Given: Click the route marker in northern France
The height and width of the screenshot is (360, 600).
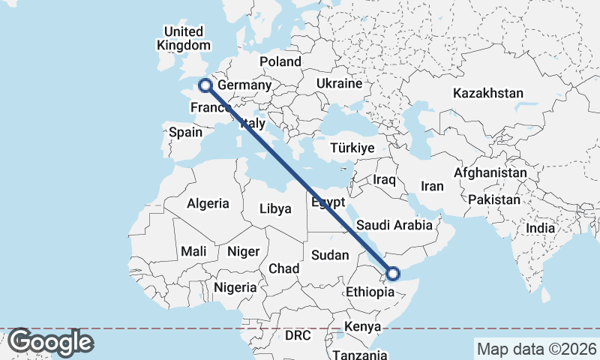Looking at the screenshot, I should (204, 85).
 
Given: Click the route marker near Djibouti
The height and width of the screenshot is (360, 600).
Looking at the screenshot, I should (392, 274).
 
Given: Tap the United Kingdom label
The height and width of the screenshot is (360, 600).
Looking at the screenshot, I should (183, 38).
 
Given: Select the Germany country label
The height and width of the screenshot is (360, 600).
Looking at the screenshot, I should (244, 85).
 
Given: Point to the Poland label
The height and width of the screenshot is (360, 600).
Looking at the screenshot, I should (280, 61).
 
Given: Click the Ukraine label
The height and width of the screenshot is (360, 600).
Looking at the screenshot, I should (340, 83).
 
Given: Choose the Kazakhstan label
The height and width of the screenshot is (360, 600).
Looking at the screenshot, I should (487, 93).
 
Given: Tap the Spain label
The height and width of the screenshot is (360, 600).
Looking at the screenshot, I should (185, 133).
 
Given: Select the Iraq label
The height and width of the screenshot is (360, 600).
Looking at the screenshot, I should (384, 180).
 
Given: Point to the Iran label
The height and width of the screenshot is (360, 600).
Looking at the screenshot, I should (433, 187).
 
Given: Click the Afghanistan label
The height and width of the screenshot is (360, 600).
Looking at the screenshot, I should (490, 172).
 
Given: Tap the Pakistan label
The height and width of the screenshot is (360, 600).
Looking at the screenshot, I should (494, 200).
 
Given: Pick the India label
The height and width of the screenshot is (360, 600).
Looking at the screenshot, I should (540, 228).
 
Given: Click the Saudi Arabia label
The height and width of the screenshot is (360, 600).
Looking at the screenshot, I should (394, 225).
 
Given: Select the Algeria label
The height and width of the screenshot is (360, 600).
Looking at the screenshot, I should (208, 203).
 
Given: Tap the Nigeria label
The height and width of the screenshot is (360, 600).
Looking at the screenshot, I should (235, 287).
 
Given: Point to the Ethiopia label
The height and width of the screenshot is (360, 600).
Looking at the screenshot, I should (370, 292).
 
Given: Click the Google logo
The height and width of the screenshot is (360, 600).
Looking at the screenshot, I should (49, 342).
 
